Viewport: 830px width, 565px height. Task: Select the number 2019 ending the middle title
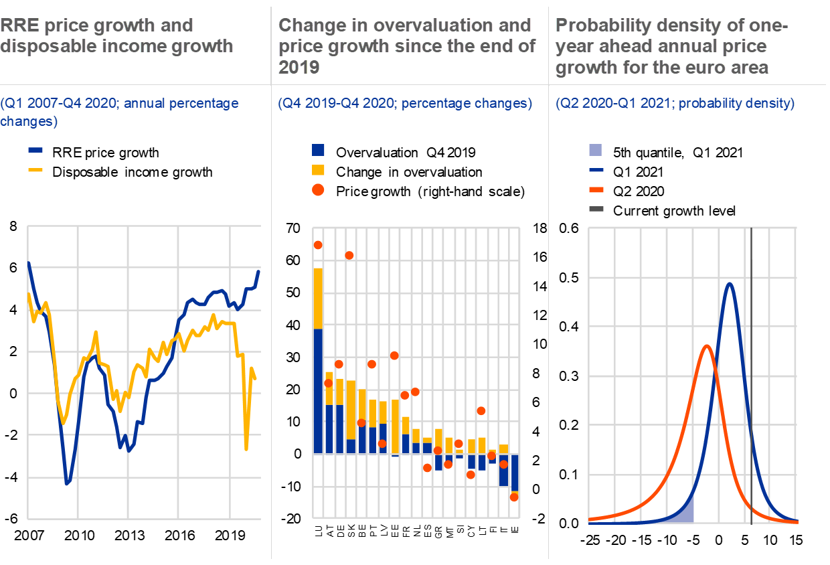coord(299,67)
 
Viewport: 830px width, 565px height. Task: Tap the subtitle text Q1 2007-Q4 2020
coord(66,104)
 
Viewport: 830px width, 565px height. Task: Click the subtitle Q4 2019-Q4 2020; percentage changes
coord(405,104)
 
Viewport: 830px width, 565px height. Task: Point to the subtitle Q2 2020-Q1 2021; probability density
coord(675,104)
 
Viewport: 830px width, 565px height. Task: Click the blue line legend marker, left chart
coord(35,151)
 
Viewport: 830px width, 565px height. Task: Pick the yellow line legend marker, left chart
coord(35,170)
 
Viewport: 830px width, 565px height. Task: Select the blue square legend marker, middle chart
coord(319,151)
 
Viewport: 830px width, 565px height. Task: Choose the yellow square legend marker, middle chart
coord(319,170)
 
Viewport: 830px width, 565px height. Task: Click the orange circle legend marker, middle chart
coord(319,190)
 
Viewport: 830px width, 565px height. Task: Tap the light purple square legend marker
coord(596,151)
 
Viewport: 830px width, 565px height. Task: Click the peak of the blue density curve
coord(730,284)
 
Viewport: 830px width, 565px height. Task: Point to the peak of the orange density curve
coord(706,347)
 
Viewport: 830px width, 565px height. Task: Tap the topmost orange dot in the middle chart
coord(318,245)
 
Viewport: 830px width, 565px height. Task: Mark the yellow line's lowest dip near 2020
coord(246,449)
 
